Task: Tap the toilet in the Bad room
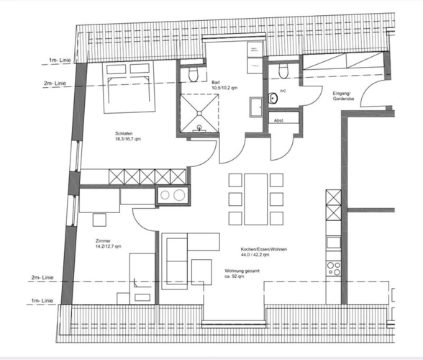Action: (191, 75)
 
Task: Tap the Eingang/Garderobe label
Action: (342, 96)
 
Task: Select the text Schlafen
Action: (124, 132)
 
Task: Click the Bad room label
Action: (215, 82)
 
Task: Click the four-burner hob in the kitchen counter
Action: (334, 268)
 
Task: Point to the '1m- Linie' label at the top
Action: (59, 59)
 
